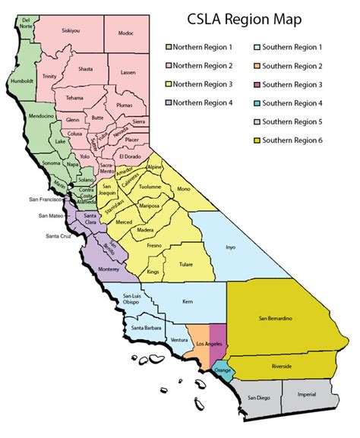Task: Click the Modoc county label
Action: (126, 33)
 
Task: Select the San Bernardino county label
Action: (280, 317)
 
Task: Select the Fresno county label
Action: (154, 246)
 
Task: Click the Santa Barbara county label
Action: (145, 327)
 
